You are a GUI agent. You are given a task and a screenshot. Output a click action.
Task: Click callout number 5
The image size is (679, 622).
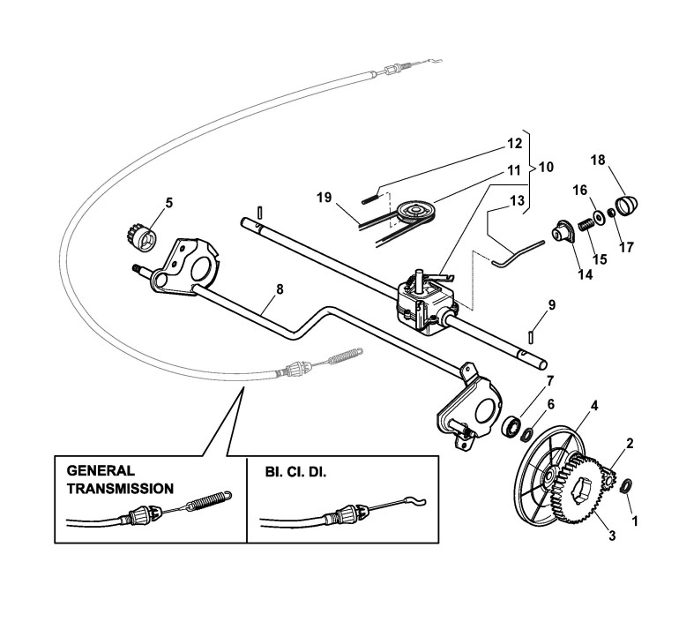pyautogui.click(x=168, y=202)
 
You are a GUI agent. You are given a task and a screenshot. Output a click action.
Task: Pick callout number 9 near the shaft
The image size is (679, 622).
pyautogui.click(x=552, y=304)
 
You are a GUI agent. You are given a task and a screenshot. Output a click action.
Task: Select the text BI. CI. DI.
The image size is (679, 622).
pyautogui.click(x=295, y=472)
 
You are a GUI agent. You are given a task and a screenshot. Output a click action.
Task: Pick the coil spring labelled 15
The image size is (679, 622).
pyautogui.click(x=582, y=228)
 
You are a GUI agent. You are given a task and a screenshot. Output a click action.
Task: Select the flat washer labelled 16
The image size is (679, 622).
pyautogui.click(x=598, y=217)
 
